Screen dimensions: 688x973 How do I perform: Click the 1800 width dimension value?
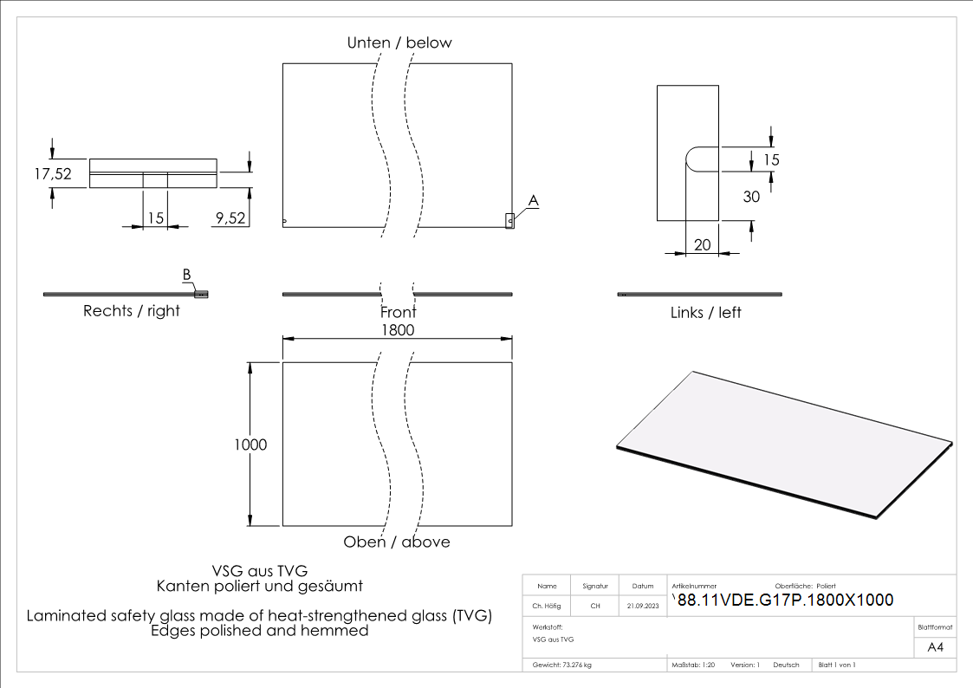pos(398,330)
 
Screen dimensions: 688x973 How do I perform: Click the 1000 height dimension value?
pos(250,445)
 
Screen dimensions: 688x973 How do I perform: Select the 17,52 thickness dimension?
pos(53,173)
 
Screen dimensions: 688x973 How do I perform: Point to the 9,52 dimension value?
pos(230,219)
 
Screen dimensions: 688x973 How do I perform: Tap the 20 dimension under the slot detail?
pos(703,245)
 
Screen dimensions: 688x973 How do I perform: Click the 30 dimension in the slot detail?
pos(751,197)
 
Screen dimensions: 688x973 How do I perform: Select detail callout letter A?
pos(534,200)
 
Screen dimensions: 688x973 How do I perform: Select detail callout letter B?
pos(186,275)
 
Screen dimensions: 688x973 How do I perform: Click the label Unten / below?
pos(399,42)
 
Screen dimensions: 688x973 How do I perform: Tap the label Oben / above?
pos(397,542)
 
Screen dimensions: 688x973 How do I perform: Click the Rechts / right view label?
pos(132,311)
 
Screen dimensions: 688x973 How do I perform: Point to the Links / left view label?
pos(706,312)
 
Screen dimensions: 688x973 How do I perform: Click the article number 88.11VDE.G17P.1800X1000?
pos(785,600)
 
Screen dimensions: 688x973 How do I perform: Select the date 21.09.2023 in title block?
pos(643,607)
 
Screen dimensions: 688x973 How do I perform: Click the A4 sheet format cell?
pos(935,647)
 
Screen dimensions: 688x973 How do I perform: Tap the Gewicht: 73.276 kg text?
pos(562,665)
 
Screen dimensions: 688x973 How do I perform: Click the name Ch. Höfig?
pos(547,607)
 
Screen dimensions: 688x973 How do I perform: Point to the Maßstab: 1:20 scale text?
pos(693,665)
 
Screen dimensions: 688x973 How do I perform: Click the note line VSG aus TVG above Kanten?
pos(260,571)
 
